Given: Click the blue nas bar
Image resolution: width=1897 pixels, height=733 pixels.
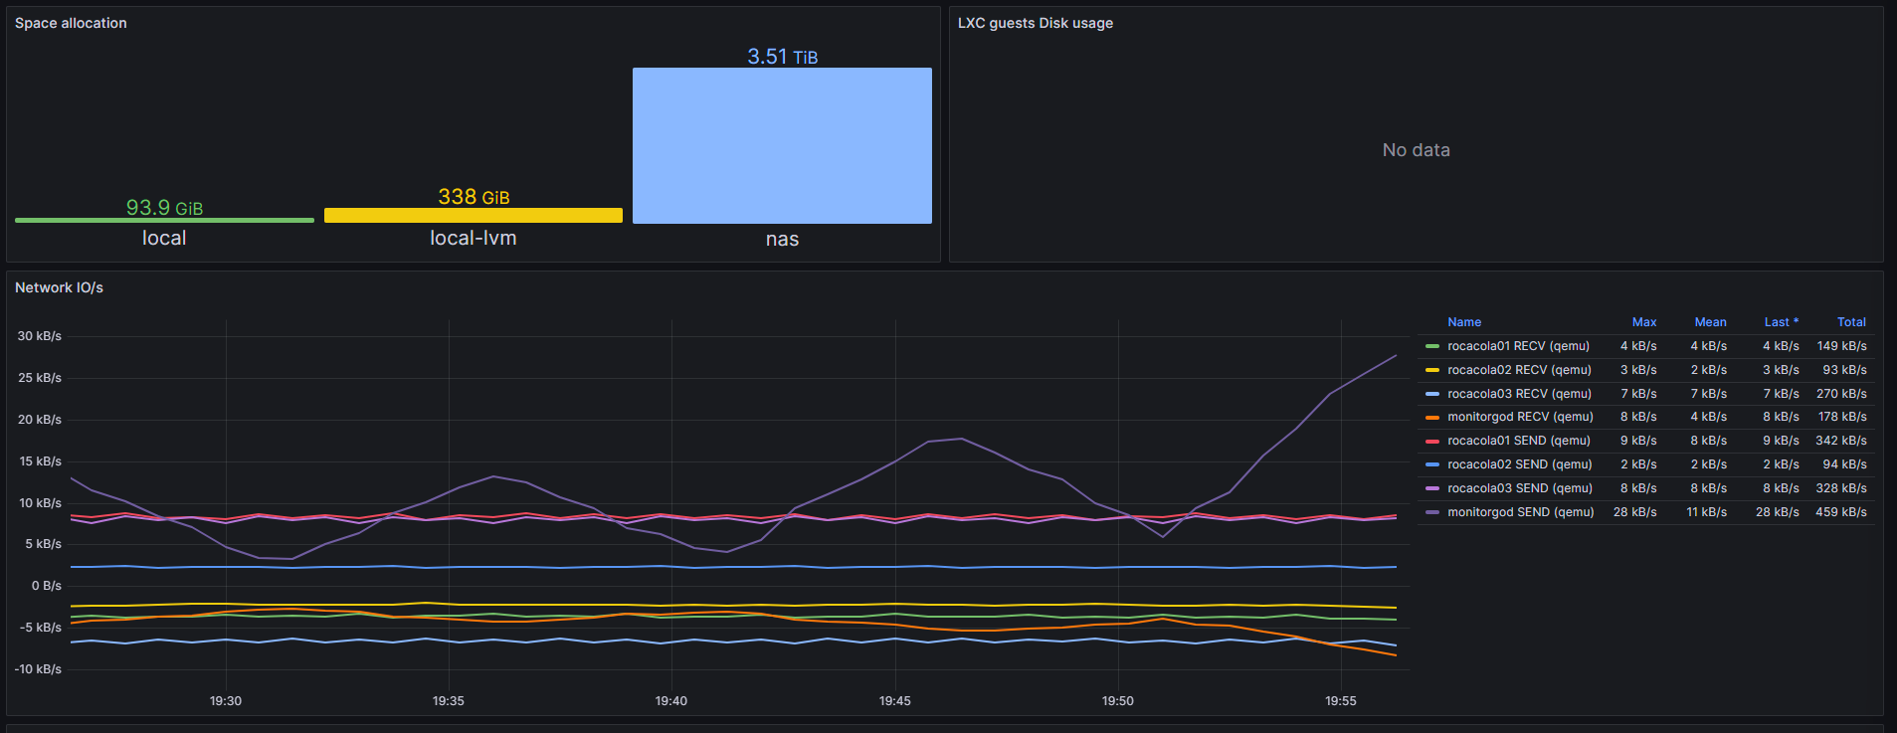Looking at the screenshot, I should point(782,145).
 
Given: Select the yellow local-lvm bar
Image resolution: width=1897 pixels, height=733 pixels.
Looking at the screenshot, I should point(474,215).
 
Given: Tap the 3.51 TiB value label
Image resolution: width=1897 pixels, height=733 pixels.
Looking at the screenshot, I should point(782,57).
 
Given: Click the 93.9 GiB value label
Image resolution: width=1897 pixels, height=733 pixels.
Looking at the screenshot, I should point(164,208).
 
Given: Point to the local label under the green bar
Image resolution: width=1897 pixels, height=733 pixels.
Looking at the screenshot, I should point(164,238).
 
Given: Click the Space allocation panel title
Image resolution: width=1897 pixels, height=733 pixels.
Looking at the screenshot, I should point(71,23).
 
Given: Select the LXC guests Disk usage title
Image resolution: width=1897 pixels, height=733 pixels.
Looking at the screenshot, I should point(1035,23).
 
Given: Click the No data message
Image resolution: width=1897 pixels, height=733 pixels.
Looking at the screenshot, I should point(1416,150).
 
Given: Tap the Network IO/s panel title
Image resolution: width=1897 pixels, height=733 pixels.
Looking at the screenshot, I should point(59,287).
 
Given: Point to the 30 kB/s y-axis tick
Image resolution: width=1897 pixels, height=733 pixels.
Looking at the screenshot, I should point(40,336).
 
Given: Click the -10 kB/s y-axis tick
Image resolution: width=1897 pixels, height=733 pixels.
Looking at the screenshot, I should point(38,669).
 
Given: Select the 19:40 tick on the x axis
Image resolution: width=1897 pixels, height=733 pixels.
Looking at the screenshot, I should point(671,701).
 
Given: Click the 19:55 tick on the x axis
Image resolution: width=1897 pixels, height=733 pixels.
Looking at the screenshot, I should point(1341,701).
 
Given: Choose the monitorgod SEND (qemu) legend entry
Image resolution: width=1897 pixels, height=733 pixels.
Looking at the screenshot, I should point(1520,512).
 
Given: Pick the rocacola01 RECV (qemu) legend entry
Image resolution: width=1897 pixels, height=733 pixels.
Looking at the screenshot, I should point(1518,346).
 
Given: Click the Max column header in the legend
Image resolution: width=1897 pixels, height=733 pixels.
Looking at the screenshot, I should point(1644,322).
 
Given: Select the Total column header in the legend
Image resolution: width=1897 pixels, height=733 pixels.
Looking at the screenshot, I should point(1851,322).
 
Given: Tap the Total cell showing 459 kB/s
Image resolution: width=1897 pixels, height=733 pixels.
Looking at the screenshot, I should point(1841,512).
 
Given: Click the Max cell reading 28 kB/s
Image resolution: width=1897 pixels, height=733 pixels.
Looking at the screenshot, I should point(1634,512).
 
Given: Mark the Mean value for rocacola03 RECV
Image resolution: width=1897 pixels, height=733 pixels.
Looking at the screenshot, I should point(1708,394).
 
